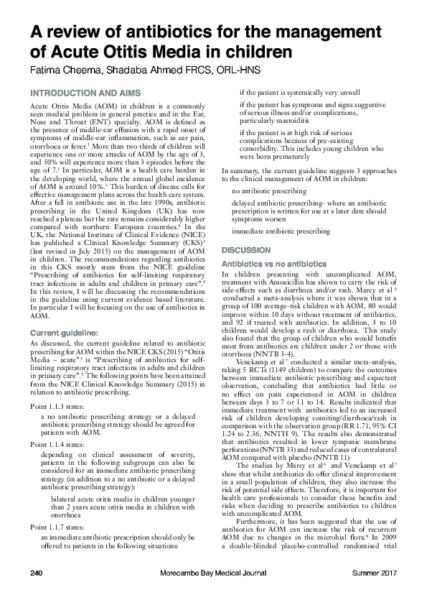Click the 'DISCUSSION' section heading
pyautogui.click(x=246, y=250)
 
